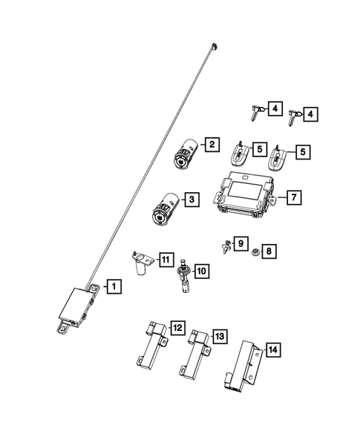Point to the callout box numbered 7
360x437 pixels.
(x=293, y=197)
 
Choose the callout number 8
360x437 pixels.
(x=269, y=252)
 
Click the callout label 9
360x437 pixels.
(x=239, y=243)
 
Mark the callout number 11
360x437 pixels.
(x=166, y=260)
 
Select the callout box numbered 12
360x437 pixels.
(x=177, y=327)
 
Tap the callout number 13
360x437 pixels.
(x=219, y=336)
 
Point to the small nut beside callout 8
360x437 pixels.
(x=255, y=252)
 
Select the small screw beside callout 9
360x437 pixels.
(x=223, y=245)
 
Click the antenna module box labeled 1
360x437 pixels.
(x=76, y=303)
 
